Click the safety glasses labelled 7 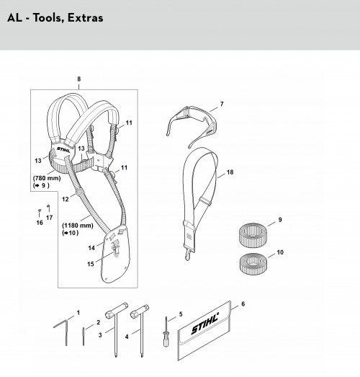tap(192, 121)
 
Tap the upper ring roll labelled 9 tap(253, 235)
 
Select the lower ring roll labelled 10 tap(253, 265)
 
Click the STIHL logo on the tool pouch tap(205, 323)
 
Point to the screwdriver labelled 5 tap(166, 332)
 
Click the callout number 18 tap(230, 172)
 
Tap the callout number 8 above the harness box tap(79, 79)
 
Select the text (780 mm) tap(47, 178)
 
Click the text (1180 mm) tap(78, 226)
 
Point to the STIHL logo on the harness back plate tap(63, 149)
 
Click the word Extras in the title tap(85, 18)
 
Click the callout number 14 tap(91, 248)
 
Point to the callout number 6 tap(243, 304)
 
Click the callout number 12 tap(66, 199)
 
